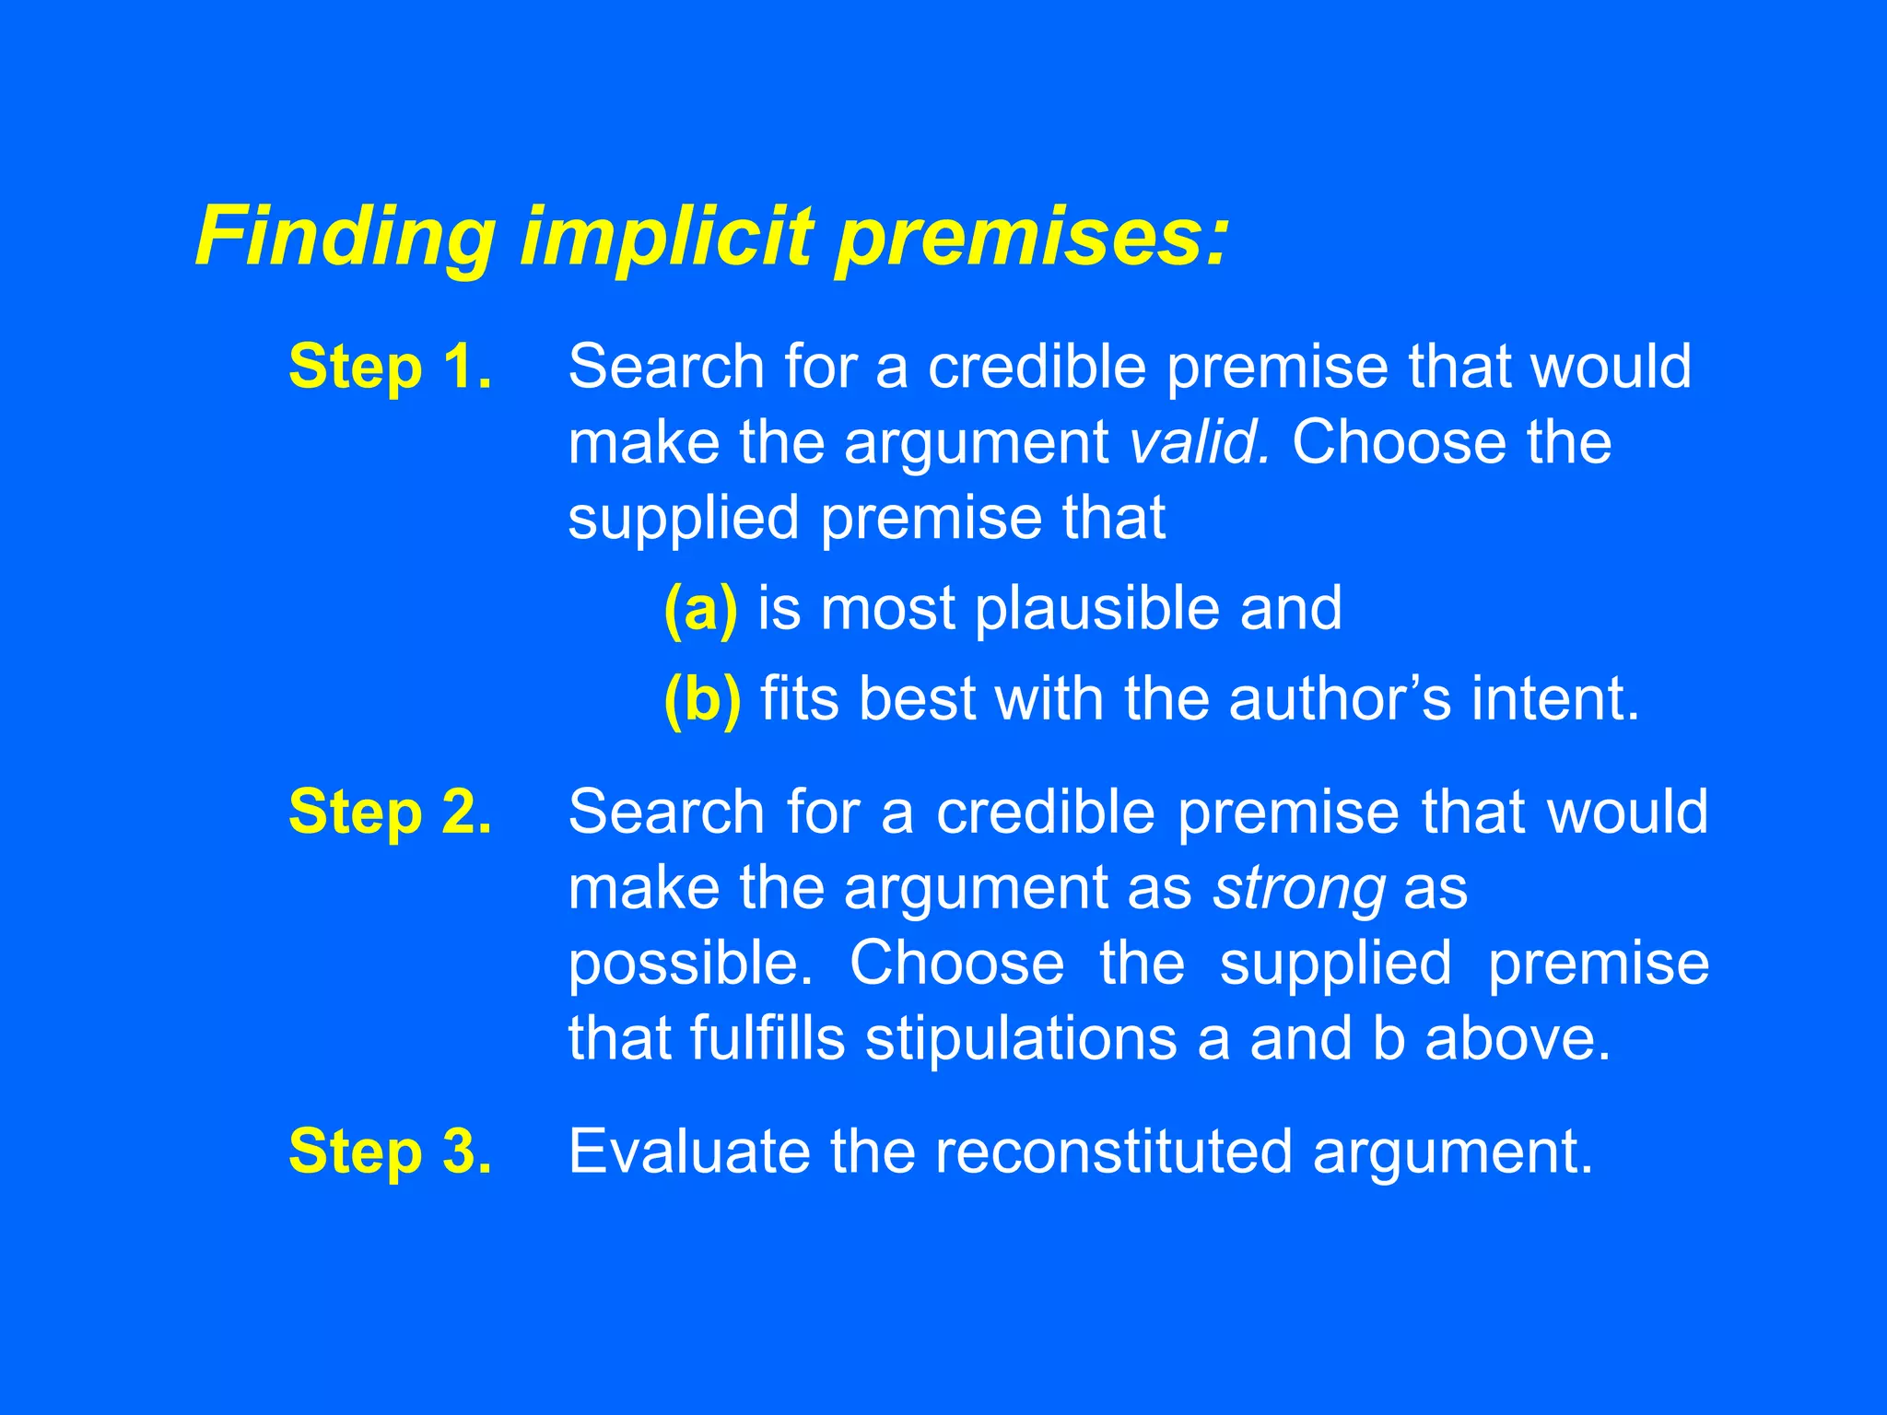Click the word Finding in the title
point(346,237)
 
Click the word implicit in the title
point(667,237)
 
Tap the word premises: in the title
point(1032,237)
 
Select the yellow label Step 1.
point(390,367)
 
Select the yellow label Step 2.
point(390,812)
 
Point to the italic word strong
point(1299,888)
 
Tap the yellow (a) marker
point(700,609)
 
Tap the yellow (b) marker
point(702,699)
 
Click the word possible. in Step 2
point(690,965)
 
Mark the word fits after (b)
point(799,699)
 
